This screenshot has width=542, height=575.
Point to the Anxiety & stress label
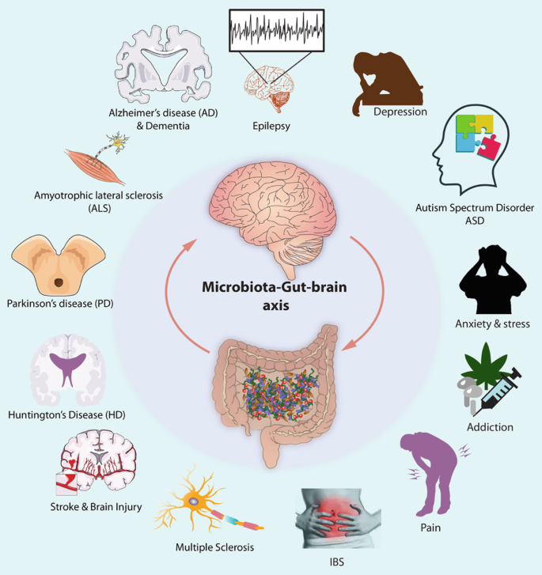492,323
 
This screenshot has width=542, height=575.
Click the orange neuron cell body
194,500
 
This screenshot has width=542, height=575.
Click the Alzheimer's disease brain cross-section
161,67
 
